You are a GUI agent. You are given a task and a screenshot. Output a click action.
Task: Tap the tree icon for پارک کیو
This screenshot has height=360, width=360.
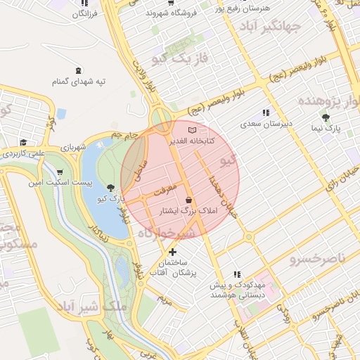click(110, 187)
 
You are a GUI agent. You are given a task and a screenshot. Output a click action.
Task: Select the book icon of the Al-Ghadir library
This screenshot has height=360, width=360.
click(192, 130)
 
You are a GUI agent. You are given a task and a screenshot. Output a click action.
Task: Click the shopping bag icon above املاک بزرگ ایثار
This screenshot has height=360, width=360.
click(188, 200)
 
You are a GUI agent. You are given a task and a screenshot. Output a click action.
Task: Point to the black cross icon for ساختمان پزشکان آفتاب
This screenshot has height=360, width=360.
click(172, 251)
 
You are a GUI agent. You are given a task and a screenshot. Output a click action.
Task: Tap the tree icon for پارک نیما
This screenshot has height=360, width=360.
click(326, 117)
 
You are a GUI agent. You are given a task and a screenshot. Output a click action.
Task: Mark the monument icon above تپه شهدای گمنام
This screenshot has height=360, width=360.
click(77, 70)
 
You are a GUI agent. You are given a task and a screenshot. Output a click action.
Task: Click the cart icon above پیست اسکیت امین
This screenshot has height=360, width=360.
click(60, 172)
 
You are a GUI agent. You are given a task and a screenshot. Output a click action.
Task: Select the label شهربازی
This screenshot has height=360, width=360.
click(72, 148)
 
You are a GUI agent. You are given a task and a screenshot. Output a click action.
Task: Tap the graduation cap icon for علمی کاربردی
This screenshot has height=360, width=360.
click(23, 141)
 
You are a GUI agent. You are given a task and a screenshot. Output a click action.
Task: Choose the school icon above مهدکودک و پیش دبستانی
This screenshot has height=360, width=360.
click(237, 274)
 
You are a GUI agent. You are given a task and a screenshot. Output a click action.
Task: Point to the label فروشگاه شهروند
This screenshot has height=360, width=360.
click(169, 13)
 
